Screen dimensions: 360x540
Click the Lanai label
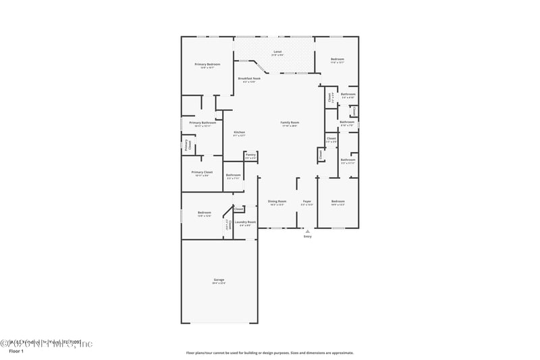pyautogui.click(x=277, y=51)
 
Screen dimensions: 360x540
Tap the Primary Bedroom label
pyautogui.click(x=205, y=64)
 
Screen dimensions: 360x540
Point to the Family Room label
pyautogui.click(x=290, y=122)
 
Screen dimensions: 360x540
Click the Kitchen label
pyautogui.click(x=240, y=132)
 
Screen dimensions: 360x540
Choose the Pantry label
pyautogui.click(x=250, y=155)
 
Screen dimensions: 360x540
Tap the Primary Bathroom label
pyautogui.click(x=202, y=123)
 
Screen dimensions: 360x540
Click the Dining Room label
pyautogui.click(x=277, y=201)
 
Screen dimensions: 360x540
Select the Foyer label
pyautogui.click(x=307, y=201)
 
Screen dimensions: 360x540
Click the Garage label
pyautogui.click(x=219, y=280)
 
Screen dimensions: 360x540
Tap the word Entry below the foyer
pyautogui.click(x=308, y=236)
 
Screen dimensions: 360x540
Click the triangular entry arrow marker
pyautogui.click(x=308, y=230)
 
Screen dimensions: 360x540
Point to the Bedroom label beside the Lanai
pyautogui.click(x=337, y=59)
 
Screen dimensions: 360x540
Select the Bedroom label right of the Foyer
pyautogui.click(x=338, y=201)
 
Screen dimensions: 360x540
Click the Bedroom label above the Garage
pyautogui.click(x=205, y=213)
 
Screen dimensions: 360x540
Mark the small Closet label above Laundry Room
pyautogui.click(x=239, y=209)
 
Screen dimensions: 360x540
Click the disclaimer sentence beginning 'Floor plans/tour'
pyautogui.click(x=270, y=353)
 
